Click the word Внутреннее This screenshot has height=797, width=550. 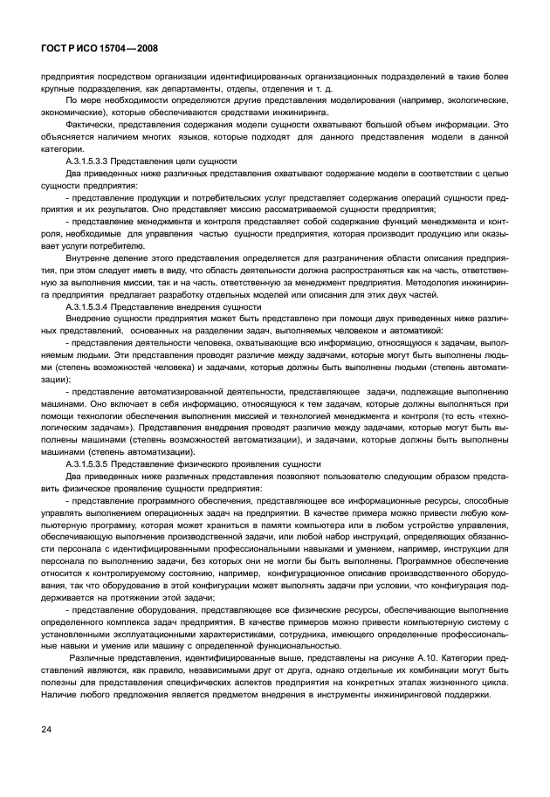[x=90, y=259]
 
